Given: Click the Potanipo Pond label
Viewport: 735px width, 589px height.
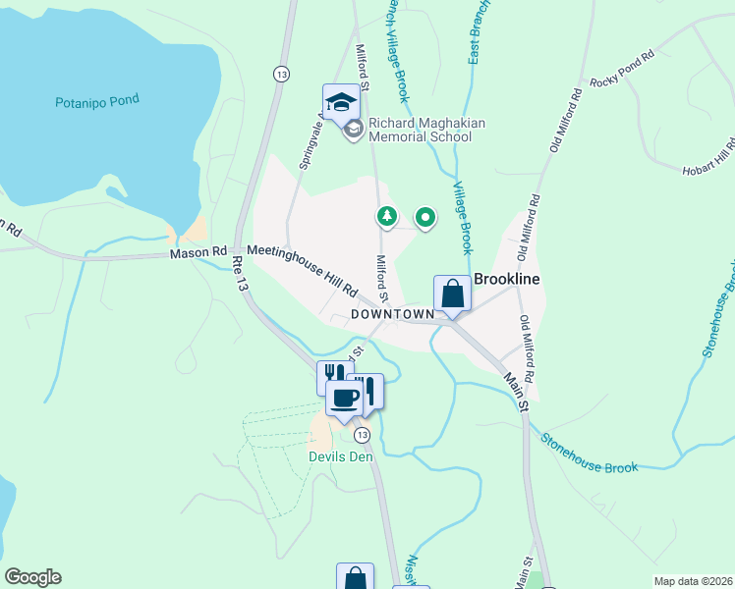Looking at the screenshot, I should point(97,100).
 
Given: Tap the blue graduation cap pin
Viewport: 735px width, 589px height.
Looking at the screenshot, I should point(341,103).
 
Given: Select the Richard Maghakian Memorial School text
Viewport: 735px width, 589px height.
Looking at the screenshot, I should point(420,131).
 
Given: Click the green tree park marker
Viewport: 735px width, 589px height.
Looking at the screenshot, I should point(388,216).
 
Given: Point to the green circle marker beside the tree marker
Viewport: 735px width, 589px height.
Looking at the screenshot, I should point(424,217).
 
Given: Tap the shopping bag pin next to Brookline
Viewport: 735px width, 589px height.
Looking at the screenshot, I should point(452,294).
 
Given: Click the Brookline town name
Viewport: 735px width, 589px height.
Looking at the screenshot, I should point(507,279).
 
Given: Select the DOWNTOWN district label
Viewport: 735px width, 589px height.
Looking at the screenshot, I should point(390,314).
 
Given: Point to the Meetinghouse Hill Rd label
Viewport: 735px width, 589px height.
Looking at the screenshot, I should point(302,269).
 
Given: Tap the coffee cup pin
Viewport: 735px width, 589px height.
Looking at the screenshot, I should point(344,399).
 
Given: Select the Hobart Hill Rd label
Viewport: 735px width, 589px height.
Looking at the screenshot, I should point(709,157).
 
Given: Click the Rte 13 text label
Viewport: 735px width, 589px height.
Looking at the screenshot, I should point(239,274).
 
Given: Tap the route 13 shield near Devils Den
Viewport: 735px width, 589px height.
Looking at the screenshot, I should point(363,434).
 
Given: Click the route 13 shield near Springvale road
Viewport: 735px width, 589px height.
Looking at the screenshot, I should point(282,75).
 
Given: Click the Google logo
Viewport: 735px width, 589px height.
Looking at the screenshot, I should point(32,577).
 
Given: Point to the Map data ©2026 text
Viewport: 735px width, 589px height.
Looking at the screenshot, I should point(693,581).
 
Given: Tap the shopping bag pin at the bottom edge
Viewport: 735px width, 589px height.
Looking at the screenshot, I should point(355,577).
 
